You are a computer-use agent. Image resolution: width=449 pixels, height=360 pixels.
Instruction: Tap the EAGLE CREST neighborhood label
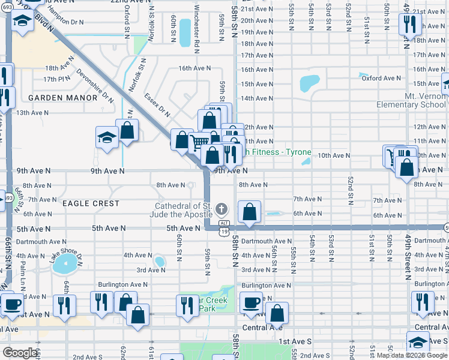coord(91,204)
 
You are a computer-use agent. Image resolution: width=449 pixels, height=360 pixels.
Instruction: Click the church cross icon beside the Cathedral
coord(221,209)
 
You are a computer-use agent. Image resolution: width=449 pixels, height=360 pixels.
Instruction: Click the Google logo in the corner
coord(19,353)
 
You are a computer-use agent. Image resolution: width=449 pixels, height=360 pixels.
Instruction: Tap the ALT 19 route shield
coord(223,231)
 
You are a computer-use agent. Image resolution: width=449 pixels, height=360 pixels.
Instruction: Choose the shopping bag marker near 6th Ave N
coord(249,212)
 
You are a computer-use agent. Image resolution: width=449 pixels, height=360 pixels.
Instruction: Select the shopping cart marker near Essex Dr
coord(199,143)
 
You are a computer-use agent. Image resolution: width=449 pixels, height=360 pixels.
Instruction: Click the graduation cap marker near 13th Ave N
coord(106,137)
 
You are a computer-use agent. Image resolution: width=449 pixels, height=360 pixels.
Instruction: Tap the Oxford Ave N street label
coord(381,78)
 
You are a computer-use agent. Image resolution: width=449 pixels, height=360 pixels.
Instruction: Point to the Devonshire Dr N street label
coord(95,85)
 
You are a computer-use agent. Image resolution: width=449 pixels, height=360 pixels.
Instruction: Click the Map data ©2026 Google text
coord(411,355)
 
